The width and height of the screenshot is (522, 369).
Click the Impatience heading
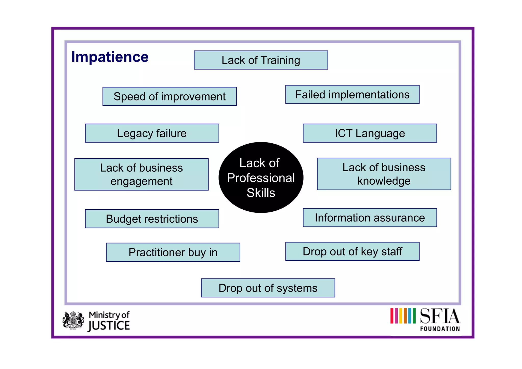pos(110,57)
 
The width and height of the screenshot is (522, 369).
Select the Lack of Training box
pos(261,60)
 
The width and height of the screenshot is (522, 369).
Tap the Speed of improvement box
pos(169,97)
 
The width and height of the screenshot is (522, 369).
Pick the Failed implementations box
pos(352,95)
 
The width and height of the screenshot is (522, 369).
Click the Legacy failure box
pos(152,133)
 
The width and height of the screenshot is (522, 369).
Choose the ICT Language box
pos(370,133)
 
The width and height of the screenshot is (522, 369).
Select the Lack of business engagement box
pos(141,174)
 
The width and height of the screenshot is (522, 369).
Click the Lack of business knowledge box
pos(384,174)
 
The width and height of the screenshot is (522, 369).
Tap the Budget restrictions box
pos(152,219)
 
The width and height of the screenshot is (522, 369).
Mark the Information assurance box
pos(370,218)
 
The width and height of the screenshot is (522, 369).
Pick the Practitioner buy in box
pos(173,252)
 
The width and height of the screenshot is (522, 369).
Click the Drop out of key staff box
pos(352,251)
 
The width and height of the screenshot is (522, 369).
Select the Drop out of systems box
pos(268,288)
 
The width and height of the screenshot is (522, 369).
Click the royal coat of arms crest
pos(73,321)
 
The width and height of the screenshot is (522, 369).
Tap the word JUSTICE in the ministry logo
pos(109,326)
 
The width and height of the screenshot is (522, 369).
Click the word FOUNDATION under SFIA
pos(440,329)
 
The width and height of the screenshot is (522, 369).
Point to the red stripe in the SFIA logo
pos(392,316)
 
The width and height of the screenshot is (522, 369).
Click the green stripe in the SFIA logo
pos(414,316)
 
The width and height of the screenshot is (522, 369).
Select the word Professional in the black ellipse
pos(261,178)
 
